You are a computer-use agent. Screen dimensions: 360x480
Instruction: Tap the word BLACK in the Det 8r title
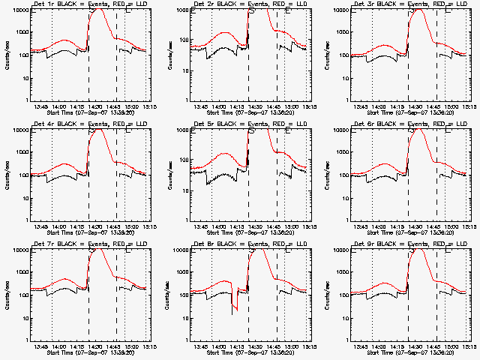229,244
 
